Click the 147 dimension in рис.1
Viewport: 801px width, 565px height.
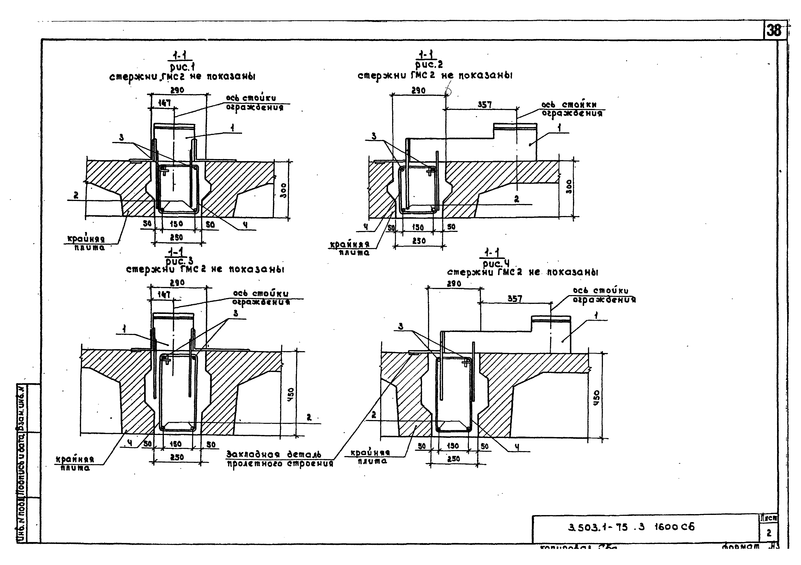click(x=164, y=103)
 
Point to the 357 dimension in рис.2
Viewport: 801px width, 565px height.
click(x=485, y=104)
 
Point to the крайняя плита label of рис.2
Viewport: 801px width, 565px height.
click(x=350, y=248)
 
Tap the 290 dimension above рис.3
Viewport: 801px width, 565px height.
click(x=177, y=282)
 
